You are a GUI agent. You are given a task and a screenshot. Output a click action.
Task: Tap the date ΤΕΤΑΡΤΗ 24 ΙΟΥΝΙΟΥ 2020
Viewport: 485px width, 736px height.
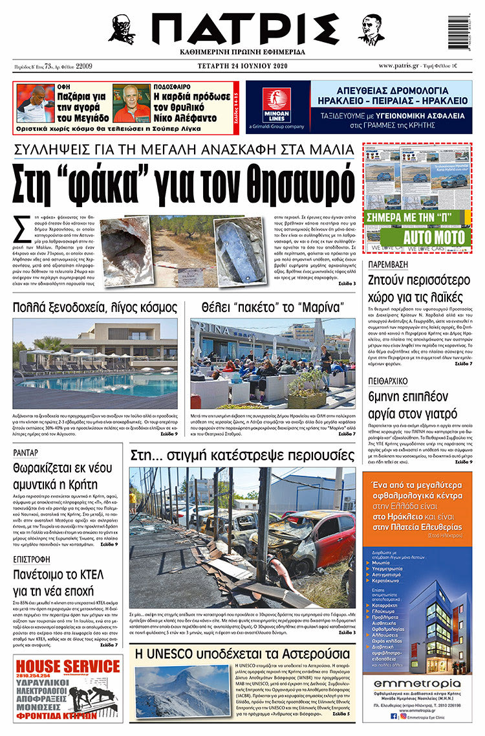point(243,66)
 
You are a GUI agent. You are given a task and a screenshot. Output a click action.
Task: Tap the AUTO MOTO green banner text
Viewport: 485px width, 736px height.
point(435,237)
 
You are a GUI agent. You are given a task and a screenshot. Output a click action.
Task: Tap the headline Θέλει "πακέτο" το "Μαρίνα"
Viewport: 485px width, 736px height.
point(272,307)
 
